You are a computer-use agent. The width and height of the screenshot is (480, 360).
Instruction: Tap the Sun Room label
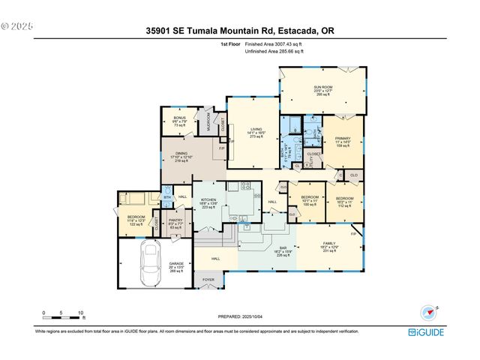[x=322, y=88]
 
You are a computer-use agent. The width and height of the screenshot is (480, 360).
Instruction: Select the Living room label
[x=254, y=129]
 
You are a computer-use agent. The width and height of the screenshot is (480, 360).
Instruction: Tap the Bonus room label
[x=179, y=118]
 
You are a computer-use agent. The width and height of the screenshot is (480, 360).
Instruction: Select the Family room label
[x=329, y=244]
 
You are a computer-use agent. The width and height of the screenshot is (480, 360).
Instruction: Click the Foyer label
[x=208, y=280]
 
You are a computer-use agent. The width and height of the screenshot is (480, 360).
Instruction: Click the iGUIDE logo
[x=425, y=331]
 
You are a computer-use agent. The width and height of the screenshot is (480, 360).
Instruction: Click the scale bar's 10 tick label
[x=81, y=312]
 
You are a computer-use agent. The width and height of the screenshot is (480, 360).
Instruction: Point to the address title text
[x=240, y=31]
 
